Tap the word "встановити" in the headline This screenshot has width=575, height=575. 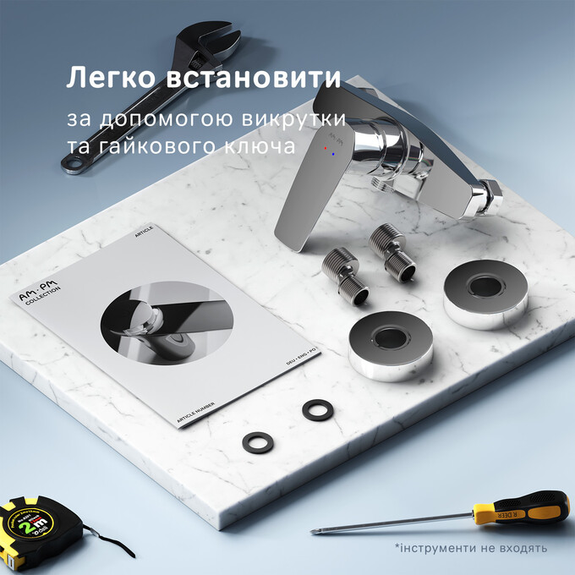pyautogui.click(x=255, y=79)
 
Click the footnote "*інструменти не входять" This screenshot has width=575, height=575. pyautogui.click(x=470, y=548)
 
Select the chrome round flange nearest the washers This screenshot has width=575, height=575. pyautogui.click(x=392, y=345)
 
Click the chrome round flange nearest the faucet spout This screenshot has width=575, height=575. pyautogui.click(x=485, y=289)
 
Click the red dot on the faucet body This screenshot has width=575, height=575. pyautogui.click(x=326, y=147)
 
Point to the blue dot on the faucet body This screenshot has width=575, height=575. pyautogui.click(x=334, y=154)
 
